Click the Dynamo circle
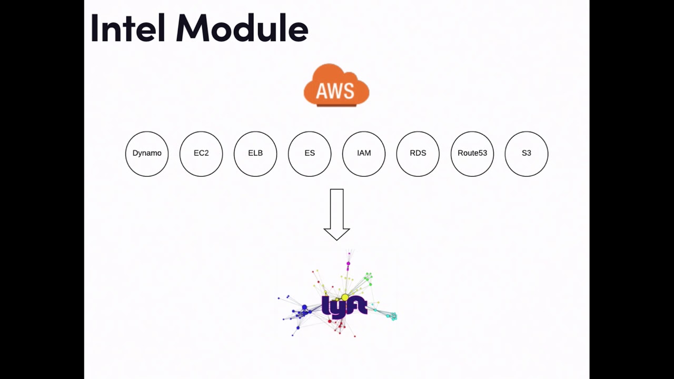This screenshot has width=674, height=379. pos(147,153)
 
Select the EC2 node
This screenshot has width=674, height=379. pos(201,153)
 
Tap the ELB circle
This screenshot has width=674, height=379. pos(255,153)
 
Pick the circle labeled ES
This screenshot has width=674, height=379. pos(310,153)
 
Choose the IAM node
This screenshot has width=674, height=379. pos(364,153)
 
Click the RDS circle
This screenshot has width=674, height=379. pos(418,153)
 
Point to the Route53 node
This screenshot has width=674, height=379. pos(472,153)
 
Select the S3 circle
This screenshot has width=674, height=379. pos(527,153)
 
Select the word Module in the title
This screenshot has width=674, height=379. pos(242,28)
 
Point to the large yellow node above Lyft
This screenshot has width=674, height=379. pos(345,298)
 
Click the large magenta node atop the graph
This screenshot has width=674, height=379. pos(348,263)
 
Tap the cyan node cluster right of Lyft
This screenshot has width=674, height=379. pos(392,316)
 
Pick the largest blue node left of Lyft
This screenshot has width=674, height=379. pos(304,307)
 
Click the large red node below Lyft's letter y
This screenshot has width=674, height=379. pos(330,321)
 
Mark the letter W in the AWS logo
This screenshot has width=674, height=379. pos(336,92)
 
